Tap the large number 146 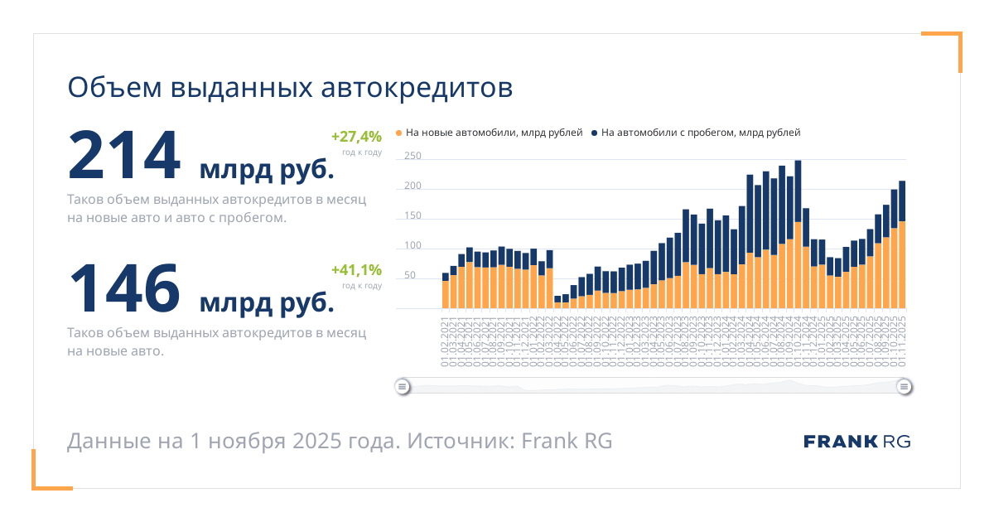(x=124, y=287)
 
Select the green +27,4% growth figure (x=356, y=137)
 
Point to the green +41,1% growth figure (x=356, y=269)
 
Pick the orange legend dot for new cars (x=399, y=133)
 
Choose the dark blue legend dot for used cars (x=595, y=133)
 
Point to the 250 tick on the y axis (x=413, y=157)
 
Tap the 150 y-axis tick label (x=413, y=216)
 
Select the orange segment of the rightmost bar (x=902, y=265)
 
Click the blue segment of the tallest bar (x=798, y=191)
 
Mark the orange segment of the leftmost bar (x=446, y=295)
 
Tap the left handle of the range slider (x=402, y=386)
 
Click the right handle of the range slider (x=905, y=386)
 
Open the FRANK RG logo (x=856, y=442)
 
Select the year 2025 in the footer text (x=316, y=441)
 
